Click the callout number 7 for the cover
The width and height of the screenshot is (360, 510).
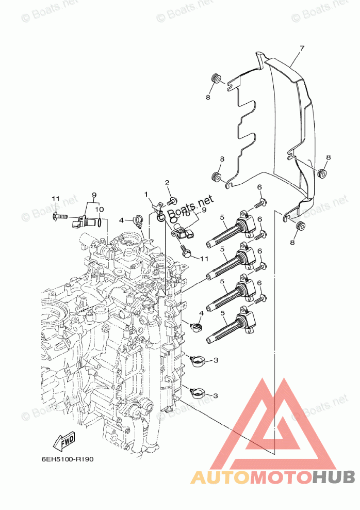[302, 48]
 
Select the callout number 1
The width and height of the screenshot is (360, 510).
[146, 195]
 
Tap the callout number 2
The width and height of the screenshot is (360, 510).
[167, 183]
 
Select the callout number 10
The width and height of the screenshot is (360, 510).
[100, 210]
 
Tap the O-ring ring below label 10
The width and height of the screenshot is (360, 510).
[102, 222]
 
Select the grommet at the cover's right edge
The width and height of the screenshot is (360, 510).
[323, 173]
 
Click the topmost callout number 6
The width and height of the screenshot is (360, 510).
[260, 187]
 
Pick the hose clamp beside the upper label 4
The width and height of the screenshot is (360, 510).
[138, 220]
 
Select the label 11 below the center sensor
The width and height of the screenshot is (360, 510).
[204, 259]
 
